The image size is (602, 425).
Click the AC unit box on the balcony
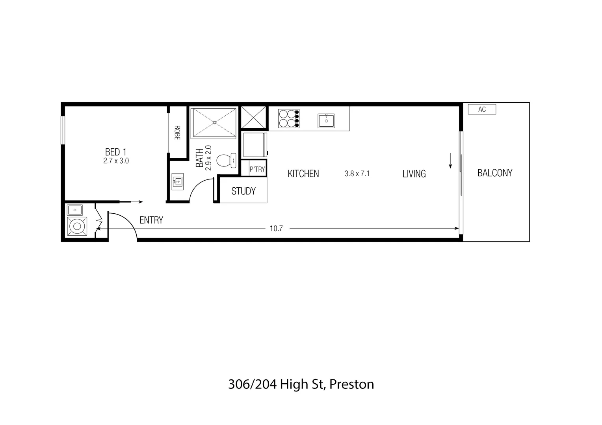[x=481, y=109]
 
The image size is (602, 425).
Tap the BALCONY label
[x=494, y=173]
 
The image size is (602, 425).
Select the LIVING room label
[x=414, y=174]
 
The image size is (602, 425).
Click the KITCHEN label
[x=303, y=174]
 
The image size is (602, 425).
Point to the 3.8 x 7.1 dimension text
[x=357, y=174]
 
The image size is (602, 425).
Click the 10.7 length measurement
[x=276, y=229]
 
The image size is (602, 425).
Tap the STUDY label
[x=243, y=192]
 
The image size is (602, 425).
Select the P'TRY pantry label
[x=257, y=169]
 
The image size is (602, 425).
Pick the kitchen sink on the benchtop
[x=326, y=121]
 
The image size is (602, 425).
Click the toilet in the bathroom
[x=226, y=161]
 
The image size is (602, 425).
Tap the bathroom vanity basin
[x=178, y=182]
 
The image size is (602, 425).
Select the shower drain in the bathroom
[x=214, y=122]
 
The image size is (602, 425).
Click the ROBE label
[x=177, y=133]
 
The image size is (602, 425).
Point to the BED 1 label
[x=116, y=152]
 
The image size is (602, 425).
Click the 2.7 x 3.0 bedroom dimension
[x=116, y=161]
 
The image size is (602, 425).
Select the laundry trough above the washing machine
[x=74, y=209]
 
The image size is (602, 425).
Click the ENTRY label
[x=151, y=220]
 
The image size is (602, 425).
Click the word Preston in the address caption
[x=351, y=384]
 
